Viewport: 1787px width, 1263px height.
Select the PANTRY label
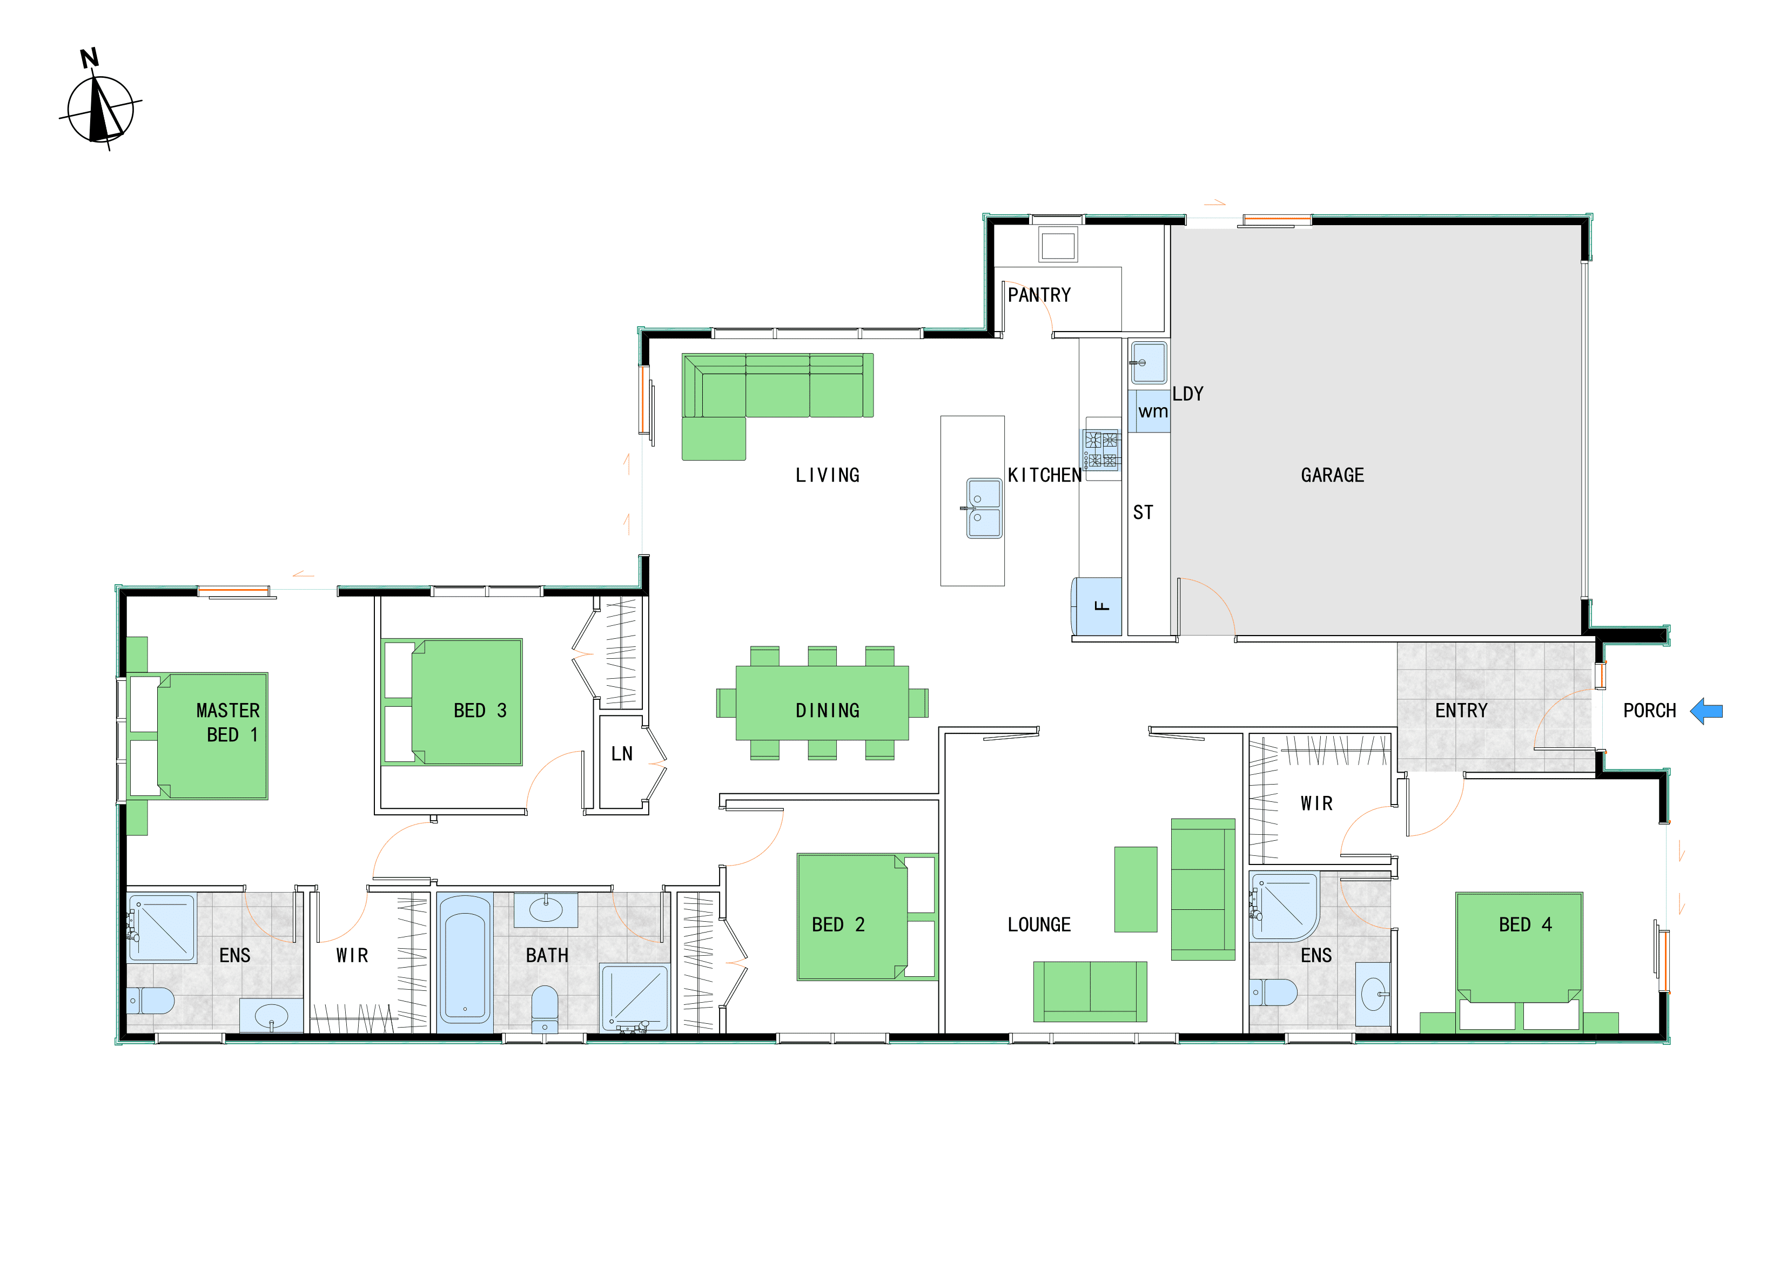coord(1039,295)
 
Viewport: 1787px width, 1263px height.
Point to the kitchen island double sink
coord(984,508)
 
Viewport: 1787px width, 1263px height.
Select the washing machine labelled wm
coord(1150,411)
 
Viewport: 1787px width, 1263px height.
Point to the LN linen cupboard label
coord(622,753)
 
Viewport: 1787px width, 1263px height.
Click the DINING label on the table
coord(828,711)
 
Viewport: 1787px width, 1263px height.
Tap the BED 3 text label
coord(480,711)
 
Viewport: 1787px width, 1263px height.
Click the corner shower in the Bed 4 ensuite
coord(1284,907)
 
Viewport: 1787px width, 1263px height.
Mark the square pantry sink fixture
coord(1058,245)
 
